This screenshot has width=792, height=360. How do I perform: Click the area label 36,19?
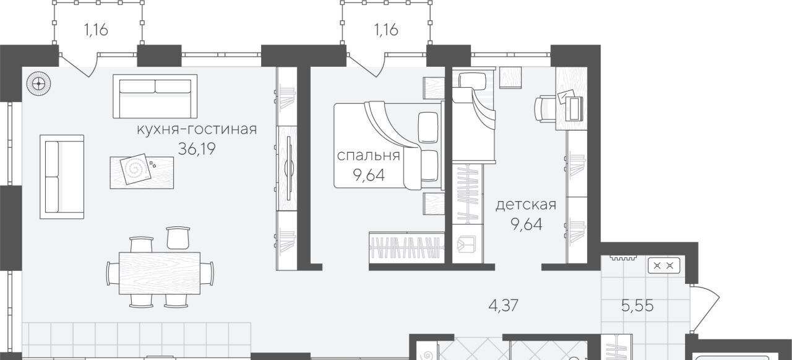(x=197, y=149)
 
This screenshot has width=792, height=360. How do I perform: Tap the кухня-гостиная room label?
(x=197, y=129)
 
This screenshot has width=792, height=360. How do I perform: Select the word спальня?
(x=368, y=156)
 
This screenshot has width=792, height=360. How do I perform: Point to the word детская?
(x=526, y=205)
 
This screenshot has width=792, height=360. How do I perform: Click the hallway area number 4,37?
(x=503, y=305)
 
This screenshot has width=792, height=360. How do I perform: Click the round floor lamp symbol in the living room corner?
(x=38, y=84)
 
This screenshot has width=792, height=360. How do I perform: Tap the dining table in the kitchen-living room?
(x=160, y=273)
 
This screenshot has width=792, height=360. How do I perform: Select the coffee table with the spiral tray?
(x=142, y=173)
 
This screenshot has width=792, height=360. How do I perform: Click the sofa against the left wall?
(x=61, y=177)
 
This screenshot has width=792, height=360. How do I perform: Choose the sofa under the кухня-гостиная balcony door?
(x=155, y=96)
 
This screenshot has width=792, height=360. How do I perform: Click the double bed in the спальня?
(x=388, y=145)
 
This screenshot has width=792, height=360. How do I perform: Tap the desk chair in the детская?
(x=544, y=109)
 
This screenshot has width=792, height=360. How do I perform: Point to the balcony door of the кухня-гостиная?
(x=78, y=65)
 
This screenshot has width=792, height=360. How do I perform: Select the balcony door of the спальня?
(x=366, y=65)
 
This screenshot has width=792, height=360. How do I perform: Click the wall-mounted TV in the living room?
(x=289, y=168)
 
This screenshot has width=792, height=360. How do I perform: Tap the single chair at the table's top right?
(x=178, y=238)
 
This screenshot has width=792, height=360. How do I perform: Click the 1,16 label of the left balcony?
(x=96, y=30)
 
